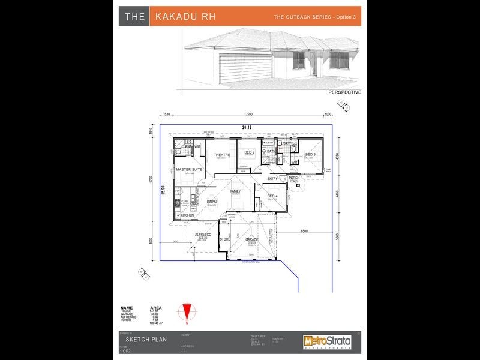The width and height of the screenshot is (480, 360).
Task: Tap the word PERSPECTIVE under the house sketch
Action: pyautogui.click(x=344, y=93)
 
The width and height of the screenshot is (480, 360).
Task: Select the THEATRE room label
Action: pyautogui.click(x=222, y=155)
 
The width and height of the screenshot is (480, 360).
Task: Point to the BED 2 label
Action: pyautogui.click(x=250, y=152)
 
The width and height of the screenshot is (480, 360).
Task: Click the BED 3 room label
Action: pyautogui.click(x=310, y=154)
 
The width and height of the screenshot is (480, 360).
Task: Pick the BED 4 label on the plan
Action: pyautogui.click(x=272, y=196)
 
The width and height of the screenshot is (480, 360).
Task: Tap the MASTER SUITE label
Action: pyautogui.click(x=189, y=170)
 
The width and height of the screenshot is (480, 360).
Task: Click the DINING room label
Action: pyautogui.click(x=212, y=202)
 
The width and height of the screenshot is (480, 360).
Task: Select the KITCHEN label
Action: pyautogui.click(x=187, y=215)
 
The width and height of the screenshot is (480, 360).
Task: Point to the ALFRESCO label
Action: pyautogui.click(x=204, y=235)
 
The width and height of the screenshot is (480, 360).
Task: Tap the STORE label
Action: pyautogui.click(x=225, y=239)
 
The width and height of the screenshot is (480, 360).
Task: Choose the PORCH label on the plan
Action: pyautogui.click(x=294, y=178)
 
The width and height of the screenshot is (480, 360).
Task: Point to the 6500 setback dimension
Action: pyautogui.click(x=304, y=231)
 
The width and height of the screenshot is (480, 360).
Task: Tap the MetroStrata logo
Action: pyautogui.click(x=326, y=341)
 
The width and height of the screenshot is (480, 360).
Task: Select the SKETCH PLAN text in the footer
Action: pyautogui.click(x=143, y=340)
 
